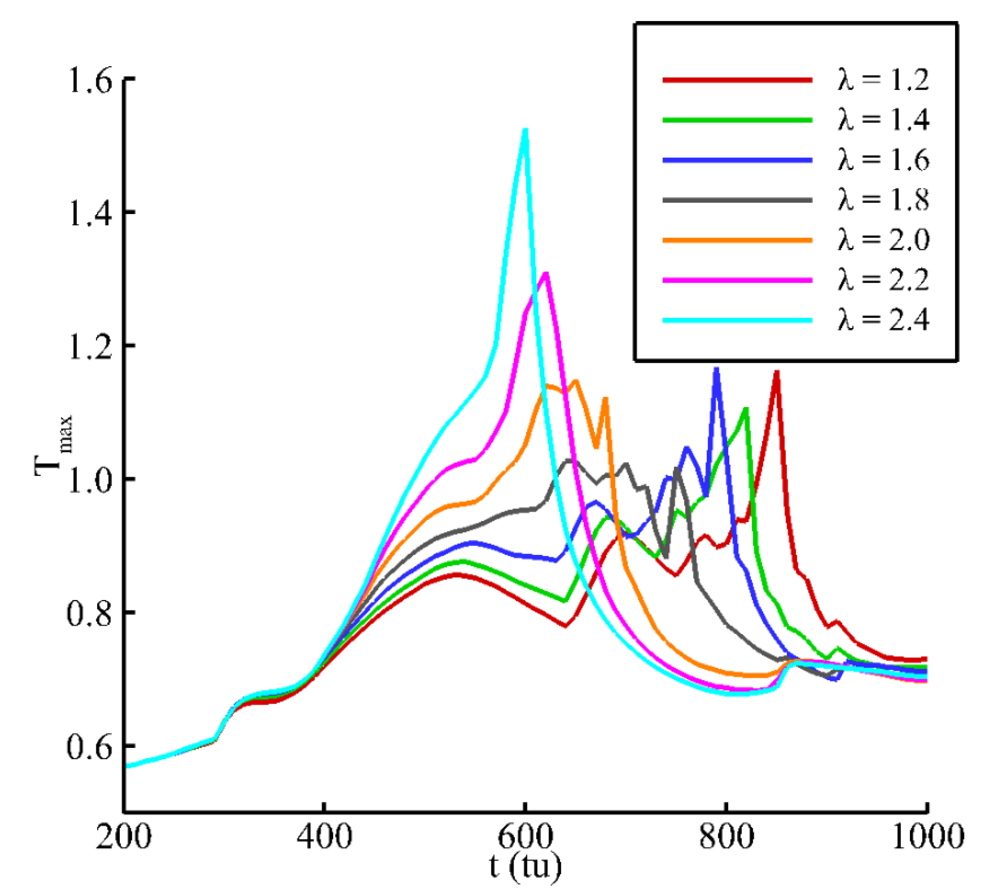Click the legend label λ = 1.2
coord(883,80)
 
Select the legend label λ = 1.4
coord(883,120)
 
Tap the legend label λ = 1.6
coord(883,160)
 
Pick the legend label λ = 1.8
coord(883,200)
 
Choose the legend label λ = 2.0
coord(883,240)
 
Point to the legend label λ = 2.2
coord(883,280)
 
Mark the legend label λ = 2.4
coord(883,320)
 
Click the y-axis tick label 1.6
coord(91,79)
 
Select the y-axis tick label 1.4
coord(91,213)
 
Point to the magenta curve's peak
coord(546,274)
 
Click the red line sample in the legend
coord(737,80)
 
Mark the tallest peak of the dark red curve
coord(776,373)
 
